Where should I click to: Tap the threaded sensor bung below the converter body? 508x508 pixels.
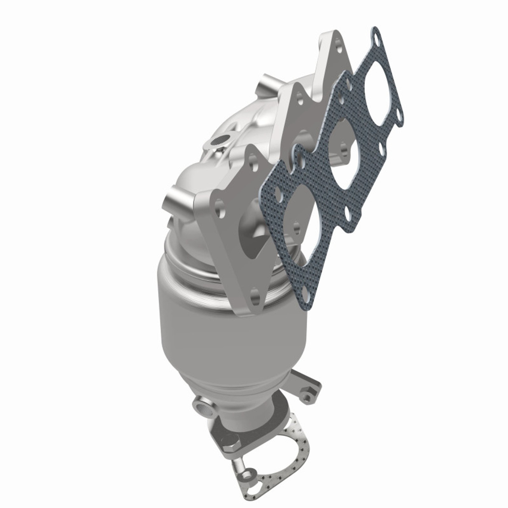point(200,405)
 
